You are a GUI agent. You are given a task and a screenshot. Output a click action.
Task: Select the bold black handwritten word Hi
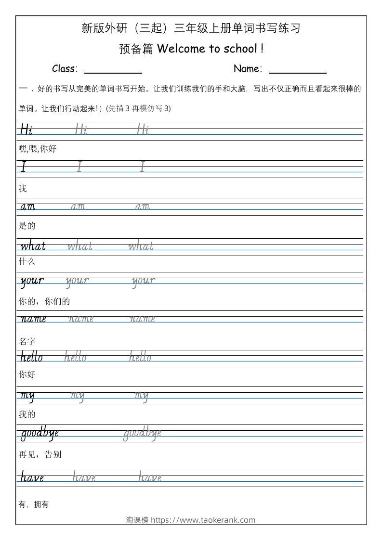pos(26,129)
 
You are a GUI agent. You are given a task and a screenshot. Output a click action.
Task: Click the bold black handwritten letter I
pos(23,167)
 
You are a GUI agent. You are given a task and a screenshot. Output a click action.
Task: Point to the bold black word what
pos(33,246)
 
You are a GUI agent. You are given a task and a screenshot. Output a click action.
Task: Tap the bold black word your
pos(32,281)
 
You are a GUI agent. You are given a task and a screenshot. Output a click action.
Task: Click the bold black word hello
pos(31,357)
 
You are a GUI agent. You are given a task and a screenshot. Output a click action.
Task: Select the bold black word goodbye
pos(40,434)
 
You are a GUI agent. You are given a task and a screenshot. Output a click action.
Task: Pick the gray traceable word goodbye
pos(142,434)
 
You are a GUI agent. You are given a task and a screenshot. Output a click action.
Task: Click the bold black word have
pos(32,477)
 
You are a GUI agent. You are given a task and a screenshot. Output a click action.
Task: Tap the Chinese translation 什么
pos(27,262)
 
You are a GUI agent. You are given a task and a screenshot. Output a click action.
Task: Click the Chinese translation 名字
pos(27,342)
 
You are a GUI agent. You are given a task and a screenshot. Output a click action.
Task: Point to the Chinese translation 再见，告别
pos(40,454)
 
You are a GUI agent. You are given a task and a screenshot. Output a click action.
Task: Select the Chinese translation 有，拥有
pos(34,504)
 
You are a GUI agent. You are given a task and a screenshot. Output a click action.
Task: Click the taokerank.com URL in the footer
pos(203,520)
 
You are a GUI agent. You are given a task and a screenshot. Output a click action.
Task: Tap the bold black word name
pos(33,319)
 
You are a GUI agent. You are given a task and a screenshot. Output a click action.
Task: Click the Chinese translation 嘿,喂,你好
pos(38,149)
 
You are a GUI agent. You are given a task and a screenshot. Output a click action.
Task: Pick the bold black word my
pos(27,396)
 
